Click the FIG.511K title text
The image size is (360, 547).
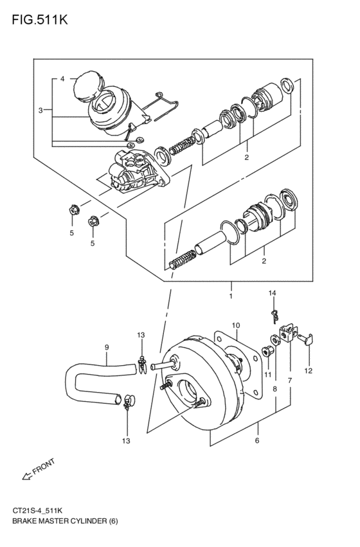39,19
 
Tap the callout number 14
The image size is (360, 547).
272,293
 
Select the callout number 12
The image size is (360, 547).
308,371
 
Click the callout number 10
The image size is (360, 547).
236,325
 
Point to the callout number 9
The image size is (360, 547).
107,348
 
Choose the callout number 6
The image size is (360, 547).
257,441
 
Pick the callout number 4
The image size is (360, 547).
62,79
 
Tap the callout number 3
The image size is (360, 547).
40,111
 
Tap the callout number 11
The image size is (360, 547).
267,374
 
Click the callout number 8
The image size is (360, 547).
275,389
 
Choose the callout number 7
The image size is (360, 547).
290,381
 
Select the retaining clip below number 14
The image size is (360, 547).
273,313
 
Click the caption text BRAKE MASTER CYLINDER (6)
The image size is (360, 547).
64,520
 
